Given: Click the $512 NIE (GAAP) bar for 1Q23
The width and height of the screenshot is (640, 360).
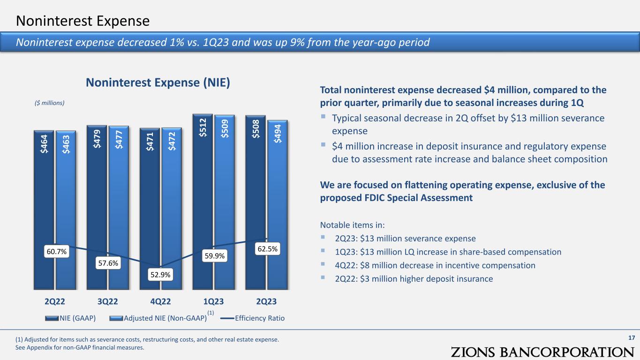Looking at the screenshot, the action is (x=203, y=202).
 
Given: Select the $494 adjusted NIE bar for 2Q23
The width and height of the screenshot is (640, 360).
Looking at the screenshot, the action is (x=278, y=205).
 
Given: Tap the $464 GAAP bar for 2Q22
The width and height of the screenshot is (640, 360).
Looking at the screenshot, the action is (x=44, y=210).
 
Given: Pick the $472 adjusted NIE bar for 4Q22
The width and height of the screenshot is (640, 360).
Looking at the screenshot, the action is (x=172, y=209).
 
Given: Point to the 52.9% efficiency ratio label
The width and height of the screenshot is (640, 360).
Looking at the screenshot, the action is (x=160, y=275).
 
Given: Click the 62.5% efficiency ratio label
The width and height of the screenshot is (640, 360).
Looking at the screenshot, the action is (x=267, y=249).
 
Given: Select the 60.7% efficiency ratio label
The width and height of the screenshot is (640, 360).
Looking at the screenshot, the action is (x=57, y=251).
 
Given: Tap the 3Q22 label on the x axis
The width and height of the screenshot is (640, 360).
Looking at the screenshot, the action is (x=107, y=301).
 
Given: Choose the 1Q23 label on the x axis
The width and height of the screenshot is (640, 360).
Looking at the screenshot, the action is (x=213, y=301).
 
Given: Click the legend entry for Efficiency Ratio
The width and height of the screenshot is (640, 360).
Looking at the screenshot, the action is (x=253, y=318).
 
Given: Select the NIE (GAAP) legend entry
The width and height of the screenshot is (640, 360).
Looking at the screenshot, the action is (x=70, y=318).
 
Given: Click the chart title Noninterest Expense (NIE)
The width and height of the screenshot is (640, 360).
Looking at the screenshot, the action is (x=158, y=83).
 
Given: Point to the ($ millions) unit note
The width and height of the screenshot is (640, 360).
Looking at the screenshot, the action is (x=49, y=103).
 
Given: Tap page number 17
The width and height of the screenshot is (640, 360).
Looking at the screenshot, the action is (x=632, y=338).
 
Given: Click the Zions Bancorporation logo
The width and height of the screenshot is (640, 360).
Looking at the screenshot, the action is (x=542, y=352).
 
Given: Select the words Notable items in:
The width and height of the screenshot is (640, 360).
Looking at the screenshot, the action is (x=352, y=225).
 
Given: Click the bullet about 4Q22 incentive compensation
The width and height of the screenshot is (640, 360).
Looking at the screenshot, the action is (x=435, y=265).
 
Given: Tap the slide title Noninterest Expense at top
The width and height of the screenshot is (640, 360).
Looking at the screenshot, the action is (x=83, y=21).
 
